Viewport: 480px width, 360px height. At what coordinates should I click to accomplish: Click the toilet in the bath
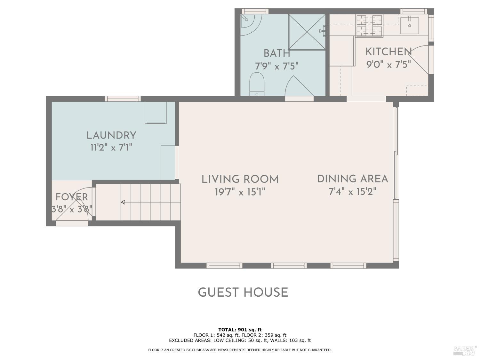tap(257, 84)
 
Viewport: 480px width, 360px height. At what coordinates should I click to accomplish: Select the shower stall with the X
tap(307, 32)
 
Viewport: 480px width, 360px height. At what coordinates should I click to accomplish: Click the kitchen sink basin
tap(409, 26)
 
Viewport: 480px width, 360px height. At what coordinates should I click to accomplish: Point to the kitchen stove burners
tap(369, 25)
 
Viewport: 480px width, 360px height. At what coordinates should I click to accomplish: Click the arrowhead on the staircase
tap(123, 202)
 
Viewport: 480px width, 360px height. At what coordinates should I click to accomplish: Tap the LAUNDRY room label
tap(111, 135)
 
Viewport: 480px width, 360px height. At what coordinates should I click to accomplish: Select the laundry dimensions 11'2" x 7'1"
tap(111, 148)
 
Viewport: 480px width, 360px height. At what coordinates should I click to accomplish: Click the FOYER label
tap(72, 197)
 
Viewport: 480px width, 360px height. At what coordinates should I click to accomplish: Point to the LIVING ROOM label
tap(240, 179)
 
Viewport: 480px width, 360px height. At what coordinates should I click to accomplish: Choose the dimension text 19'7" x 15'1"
tap(240, 192)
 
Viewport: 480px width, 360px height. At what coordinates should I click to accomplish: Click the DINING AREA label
tap(353, 179)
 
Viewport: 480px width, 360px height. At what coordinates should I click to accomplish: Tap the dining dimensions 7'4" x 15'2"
tap(353, 192)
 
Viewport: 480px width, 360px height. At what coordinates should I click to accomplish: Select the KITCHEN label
tap(388, 52)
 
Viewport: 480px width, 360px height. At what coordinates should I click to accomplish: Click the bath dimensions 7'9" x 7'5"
tap(276, 66)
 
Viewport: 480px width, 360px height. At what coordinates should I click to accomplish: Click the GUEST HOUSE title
tap(243, 292)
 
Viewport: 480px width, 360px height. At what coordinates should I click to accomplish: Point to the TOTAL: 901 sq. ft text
tap(240, 330)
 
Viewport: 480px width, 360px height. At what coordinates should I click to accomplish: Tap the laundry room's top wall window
tap(123, 99)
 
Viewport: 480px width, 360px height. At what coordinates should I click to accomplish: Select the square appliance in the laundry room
tap(156, 113)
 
